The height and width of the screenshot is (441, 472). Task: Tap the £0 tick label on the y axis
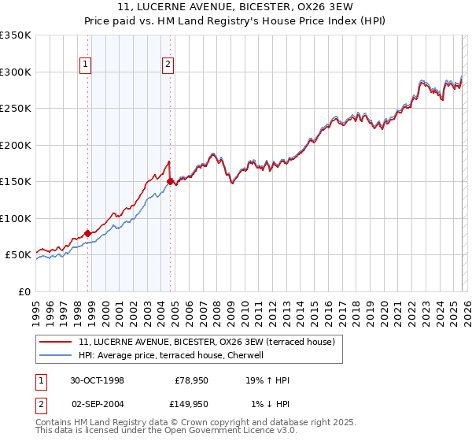tap(24, 291)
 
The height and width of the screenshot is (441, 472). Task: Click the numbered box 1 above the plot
tap(85, 65)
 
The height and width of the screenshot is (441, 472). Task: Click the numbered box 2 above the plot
tap(168, 65)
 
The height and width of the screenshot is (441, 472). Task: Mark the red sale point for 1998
tap(88, 233)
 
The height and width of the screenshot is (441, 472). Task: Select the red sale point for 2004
tap(170, 181)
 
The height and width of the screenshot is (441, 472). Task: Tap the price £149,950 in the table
tap(191, 403)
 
